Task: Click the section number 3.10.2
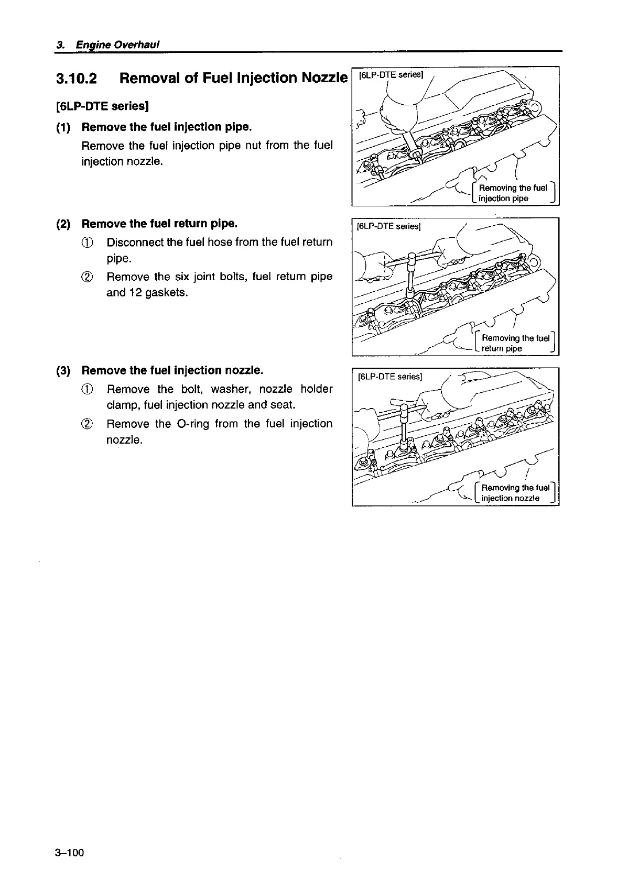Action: click(77, 79)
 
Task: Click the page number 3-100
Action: click(69, 853)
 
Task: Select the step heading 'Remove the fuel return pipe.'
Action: click(160, 224)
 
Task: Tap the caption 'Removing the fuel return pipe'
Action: click(515, 343)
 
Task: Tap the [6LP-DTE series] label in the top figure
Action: click(390, 75)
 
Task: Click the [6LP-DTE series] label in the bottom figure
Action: click(389, 377)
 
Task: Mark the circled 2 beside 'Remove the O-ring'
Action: click(89, 424)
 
